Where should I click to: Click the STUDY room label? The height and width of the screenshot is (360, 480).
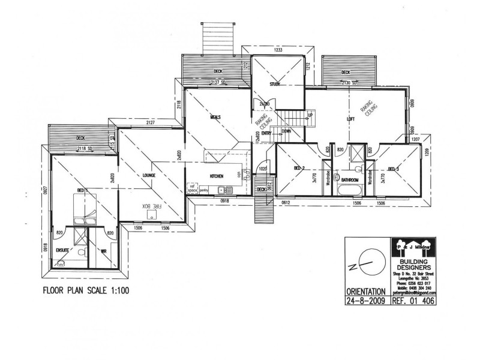point(275,84)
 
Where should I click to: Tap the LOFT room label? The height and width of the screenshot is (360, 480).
point(351,119)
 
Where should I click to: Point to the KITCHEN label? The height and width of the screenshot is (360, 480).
point(217,176)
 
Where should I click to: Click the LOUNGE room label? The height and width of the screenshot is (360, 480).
point(149,175)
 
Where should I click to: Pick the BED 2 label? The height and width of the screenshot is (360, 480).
point(300,168)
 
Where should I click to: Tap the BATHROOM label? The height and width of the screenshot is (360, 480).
point(350,179)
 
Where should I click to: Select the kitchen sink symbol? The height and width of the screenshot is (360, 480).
point(229,190)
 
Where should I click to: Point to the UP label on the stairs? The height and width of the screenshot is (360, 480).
point(310,115)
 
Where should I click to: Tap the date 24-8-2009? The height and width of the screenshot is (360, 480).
point(365,301)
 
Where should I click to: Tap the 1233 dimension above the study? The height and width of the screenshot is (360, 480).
point(278,50)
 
